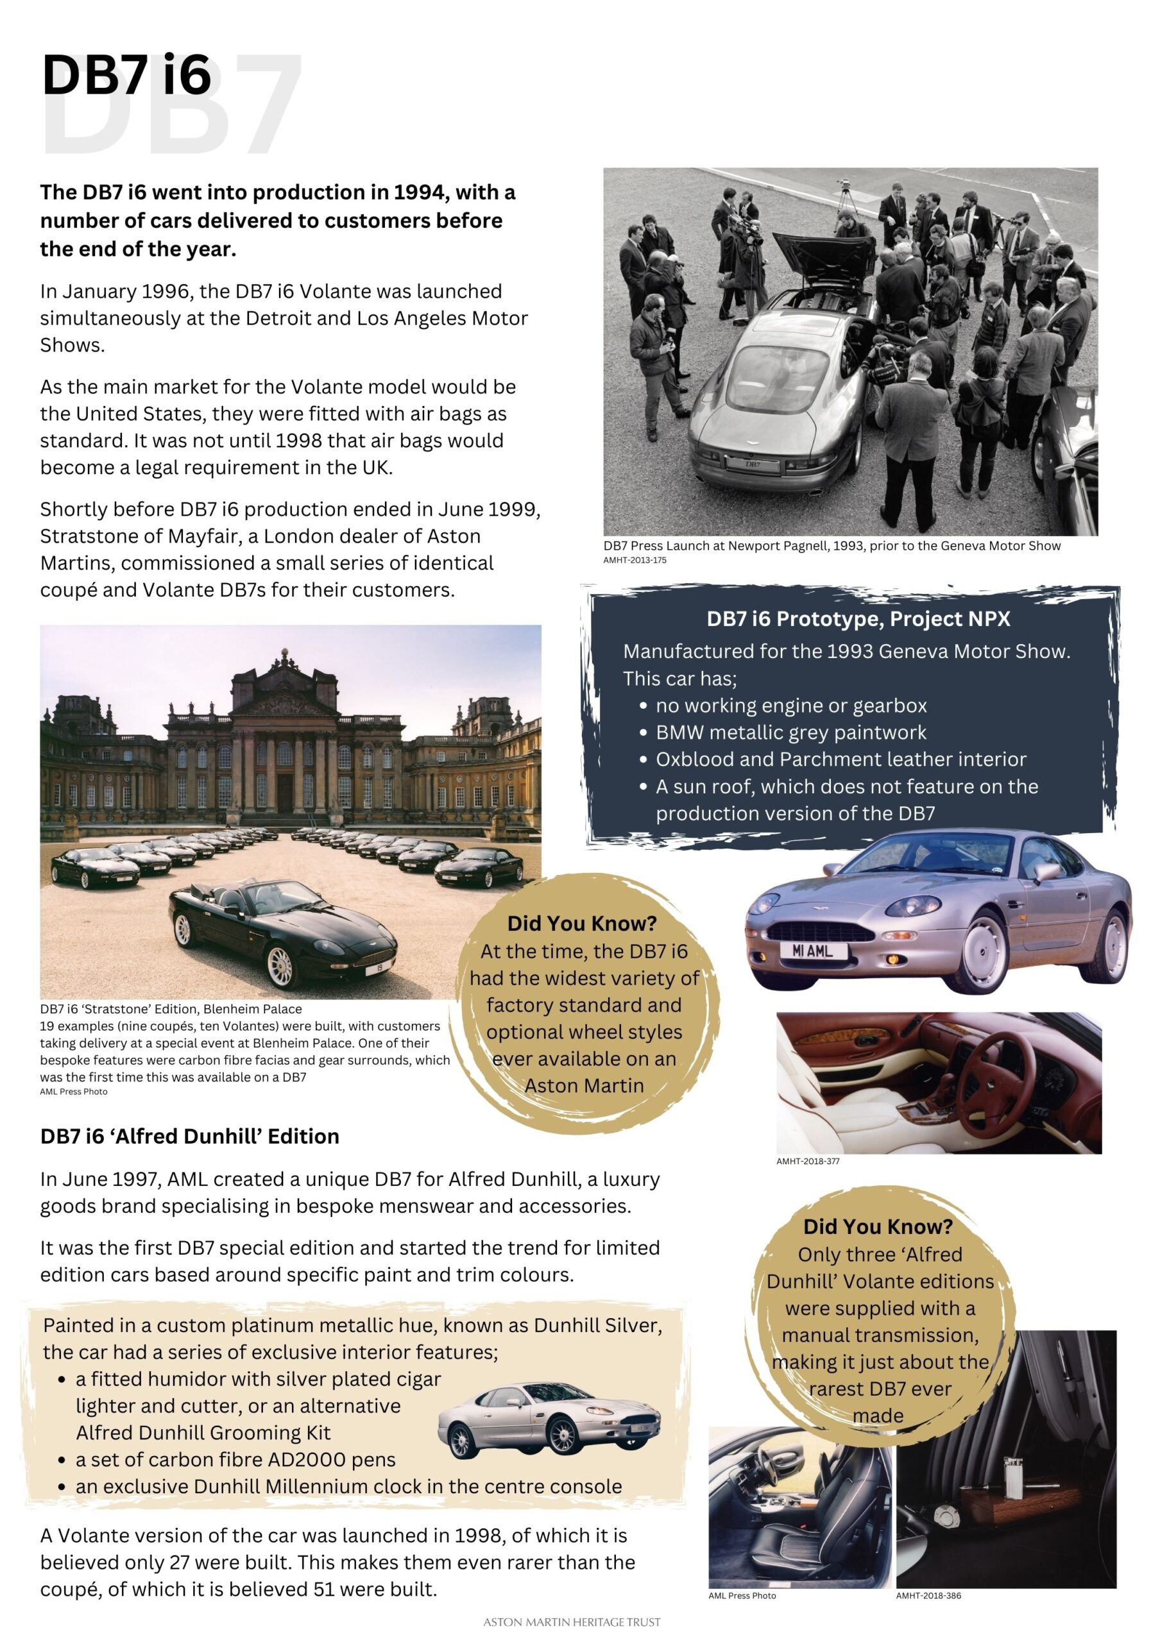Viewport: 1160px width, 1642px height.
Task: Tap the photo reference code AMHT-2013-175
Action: coord(635,560)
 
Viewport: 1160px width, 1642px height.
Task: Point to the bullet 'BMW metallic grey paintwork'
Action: coord(790,732)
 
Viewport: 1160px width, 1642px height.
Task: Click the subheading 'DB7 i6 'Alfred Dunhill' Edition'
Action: coord(189,1137)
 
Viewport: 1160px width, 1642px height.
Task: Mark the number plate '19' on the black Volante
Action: coord(373,970)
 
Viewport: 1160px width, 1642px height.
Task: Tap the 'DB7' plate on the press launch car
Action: coord(752,464)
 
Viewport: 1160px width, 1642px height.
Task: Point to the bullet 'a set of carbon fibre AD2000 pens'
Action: coord(235,1460)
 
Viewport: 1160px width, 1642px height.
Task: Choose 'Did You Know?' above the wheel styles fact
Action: coord(581,923)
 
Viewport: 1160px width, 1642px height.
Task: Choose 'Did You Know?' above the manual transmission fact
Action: coord(878,1226)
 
